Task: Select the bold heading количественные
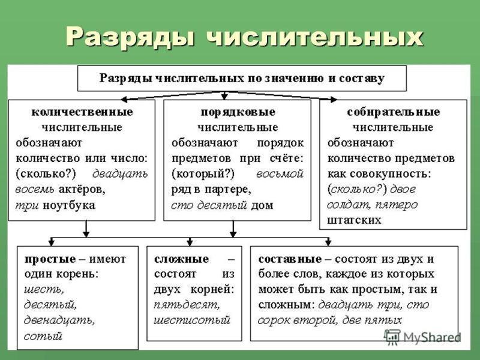tap(82, 112)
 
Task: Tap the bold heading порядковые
tap(238, 112)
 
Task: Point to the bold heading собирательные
tap(394, 112)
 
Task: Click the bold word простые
tap(50, 259)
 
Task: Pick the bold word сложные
tap(182, 259)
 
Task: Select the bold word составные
tap(290, 259)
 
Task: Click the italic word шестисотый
tap(191, 320)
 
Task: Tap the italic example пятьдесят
tap(187, 305)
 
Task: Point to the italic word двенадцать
tap(59, 320)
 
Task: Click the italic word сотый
tap(43, 336)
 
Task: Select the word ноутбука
tap(69, 205)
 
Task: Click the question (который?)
tap(203, 174)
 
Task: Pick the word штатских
tap(354, 220)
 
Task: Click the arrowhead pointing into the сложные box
tap(190, 242)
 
